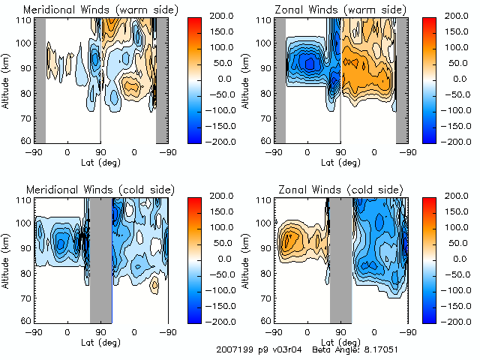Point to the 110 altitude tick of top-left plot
pos(24,21)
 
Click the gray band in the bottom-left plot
pos(100,259)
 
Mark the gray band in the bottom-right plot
pos(340,259)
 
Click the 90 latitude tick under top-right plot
pos(340,152)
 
